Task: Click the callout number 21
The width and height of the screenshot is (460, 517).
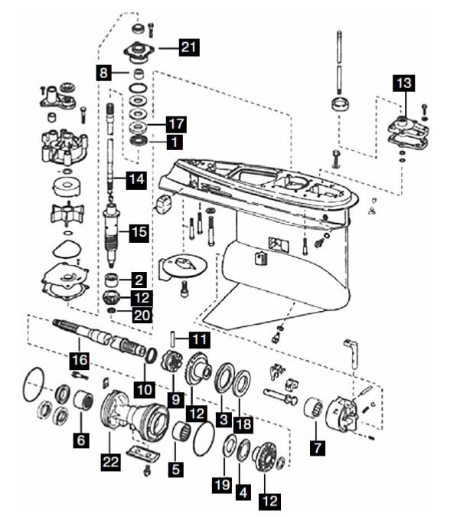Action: click(189, 47)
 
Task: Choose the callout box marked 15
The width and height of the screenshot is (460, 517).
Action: click(139, 231)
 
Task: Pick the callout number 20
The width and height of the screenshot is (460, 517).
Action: click(142, 314)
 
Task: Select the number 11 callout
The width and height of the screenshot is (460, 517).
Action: click(199, 338)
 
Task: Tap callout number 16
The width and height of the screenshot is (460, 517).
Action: click(79, 359)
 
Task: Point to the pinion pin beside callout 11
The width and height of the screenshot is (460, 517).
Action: click(175, 337)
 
